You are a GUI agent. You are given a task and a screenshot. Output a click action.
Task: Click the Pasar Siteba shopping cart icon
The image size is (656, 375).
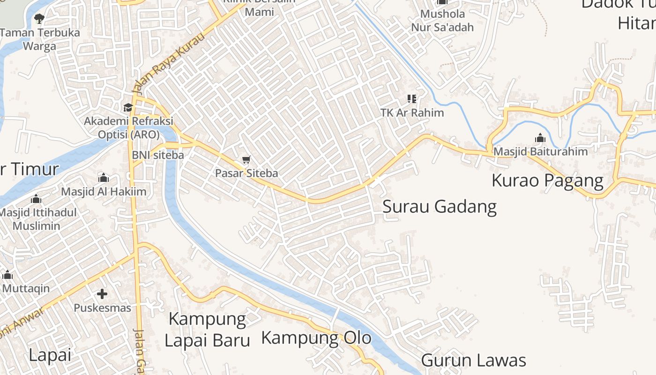[246, 160]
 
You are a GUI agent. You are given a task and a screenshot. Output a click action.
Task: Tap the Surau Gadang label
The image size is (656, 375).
[439, 206]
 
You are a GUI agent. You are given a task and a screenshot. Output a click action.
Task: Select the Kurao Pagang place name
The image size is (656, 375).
[547, 180]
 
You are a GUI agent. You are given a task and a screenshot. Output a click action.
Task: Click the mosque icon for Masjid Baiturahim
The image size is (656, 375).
[540, 138]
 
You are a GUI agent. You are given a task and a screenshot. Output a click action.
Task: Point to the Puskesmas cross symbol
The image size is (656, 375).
[102, 294]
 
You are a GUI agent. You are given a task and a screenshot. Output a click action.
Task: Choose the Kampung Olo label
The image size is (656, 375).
[316, 337]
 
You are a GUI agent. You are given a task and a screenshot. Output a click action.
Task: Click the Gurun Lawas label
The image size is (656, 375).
[473, 360]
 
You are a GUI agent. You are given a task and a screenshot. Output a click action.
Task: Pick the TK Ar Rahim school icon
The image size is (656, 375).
[412, 99]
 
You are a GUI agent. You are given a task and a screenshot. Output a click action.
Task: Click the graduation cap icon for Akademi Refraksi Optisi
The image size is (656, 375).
[128, 108]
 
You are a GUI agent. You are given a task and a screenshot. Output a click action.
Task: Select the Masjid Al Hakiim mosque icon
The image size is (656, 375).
[104, 178]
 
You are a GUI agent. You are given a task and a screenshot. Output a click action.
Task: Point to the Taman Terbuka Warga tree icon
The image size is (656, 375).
[39, 19]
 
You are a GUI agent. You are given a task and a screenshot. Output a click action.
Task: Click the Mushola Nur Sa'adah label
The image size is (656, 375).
[442, 21]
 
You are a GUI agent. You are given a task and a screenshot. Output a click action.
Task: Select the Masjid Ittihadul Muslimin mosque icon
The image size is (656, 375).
[36, 199]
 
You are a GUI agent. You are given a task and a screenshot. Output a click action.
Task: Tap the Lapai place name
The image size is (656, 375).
[50, 355]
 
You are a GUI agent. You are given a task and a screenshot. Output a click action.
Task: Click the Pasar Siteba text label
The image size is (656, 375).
[246, 173]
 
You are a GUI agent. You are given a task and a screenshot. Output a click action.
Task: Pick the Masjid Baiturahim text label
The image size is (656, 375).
[540, 152]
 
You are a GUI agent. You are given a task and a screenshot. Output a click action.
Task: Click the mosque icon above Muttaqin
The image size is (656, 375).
[7, 275]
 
